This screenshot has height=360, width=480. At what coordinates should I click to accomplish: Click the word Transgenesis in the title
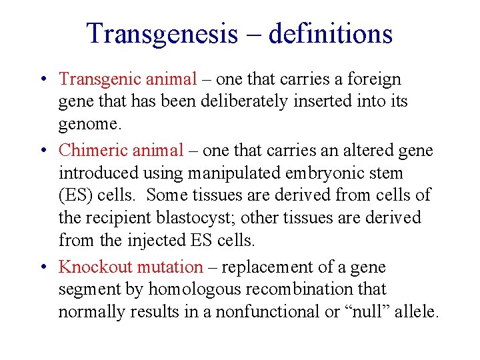tap(162, 34)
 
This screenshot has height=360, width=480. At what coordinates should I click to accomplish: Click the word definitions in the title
tap(331, 34)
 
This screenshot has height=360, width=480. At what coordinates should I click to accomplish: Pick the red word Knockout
tap(95, 267)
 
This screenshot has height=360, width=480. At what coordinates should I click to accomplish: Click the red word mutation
tap(169, 267)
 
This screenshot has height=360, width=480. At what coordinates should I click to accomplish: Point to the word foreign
tap(376, 79)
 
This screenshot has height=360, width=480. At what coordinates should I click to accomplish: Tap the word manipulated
tap(231, 173)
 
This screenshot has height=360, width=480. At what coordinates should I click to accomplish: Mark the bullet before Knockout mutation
tap(43, 268)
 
